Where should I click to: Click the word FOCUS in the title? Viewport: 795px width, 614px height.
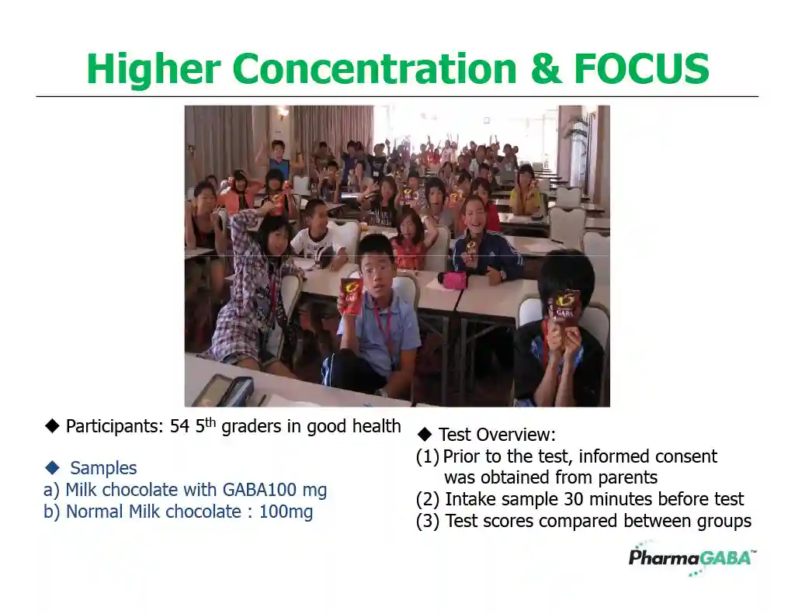click(641, 68)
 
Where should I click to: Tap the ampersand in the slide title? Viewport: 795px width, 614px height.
click(547, 68)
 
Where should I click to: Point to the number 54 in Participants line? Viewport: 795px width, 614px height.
click(179, 426)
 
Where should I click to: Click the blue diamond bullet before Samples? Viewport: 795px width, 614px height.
click(52, 467)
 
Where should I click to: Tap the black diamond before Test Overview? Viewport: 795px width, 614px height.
click(425, 435)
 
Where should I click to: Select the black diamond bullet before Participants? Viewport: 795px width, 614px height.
click(52, 426)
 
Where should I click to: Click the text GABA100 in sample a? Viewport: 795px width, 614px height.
click(259, 490)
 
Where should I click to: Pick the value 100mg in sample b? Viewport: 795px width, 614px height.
click(286, 512)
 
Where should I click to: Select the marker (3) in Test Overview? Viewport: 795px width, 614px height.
click(428, 521)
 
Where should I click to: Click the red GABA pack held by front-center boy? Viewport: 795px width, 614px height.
click(350, 297)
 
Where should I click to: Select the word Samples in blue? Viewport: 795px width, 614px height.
click(103, 468)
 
